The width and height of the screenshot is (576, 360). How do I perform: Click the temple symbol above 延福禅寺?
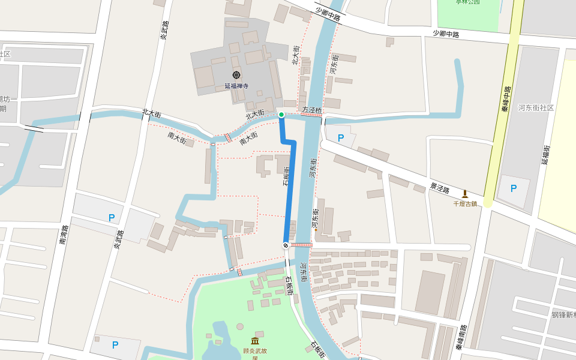click(236, 76)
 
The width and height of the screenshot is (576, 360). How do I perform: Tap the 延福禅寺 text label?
click(236, 86)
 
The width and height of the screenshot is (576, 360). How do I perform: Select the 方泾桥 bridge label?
click(312, 110)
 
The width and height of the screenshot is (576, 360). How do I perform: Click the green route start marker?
click(281, 115)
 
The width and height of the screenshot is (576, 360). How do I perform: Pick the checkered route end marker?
click(286, 245)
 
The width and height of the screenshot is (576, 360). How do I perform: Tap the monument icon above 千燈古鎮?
click(465, 194)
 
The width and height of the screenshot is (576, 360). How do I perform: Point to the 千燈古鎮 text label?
click(465, 203)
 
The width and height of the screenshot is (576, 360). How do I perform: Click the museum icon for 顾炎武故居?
click(255, 341)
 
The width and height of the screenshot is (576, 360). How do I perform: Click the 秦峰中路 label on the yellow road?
click(506, 99)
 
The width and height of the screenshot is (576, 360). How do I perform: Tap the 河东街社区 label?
click(536, 108)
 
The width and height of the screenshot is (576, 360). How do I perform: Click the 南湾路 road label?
click(63, 235)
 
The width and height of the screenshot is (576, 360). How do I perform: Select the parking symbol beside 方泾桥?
click(341, 138)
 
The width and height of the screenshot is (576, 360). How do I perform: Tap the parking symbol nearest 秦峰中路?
click(513, 188)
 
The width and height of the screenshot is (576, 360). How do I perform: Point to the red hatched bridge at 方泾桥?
click(311, 115)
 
